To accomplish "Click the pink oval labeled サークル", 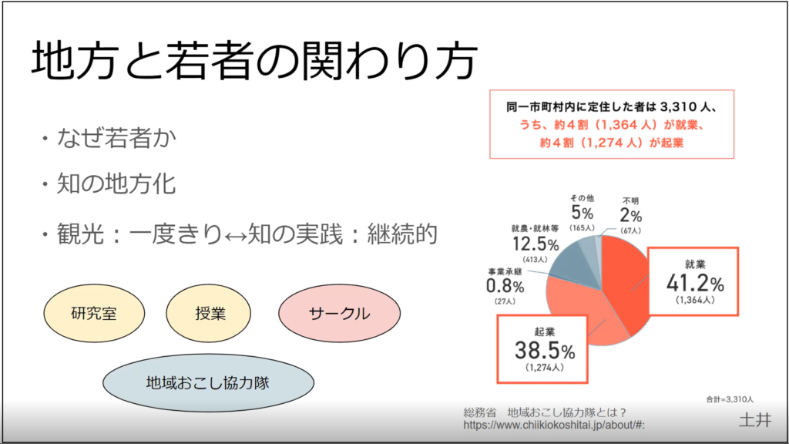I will (339, 313).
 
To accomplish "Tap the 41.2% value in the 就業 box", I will (695, 283).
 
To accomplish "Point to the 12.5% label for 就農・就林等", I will (534, 244).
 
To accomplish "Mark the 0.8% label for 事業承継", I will (505, 286).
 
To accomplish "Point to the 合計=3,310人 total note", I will (730, 399).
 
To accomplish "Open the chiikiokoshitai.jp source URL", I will (554, 425).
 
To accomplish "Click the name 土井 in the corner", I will (754, 419).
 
